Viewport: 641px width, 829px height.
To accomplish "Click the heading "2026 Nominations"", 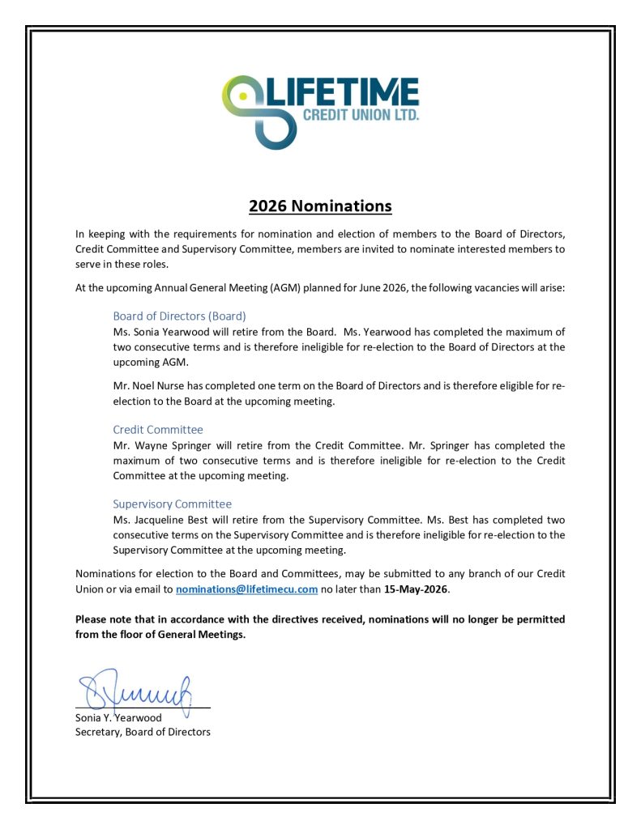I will (320, 206).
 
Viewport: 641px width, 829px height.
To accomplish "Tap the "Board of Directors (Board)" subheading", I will (179, 316).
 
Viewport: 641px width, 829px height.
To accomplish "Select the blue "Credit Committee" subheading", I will (158, 429).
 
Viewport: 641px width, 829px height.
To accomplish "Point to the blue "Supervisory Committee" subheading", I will (172, 504).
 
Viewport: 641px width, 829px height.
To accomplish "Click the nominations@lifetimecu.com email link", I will (246, 589).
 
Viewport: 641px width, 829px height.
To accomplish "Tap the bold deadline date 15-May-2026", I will (416, 589).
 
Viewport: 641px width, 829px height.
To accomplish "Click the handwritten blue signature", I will (136, 690).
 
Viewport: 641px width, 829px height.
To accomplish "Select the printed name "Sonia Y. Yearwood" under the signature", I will (118, 717).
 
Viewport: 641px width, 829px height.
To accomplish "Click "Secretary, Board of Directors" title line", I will (143, 732).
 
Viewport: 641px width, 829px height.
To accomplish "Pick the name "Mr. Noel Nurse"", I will (147, 385).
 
